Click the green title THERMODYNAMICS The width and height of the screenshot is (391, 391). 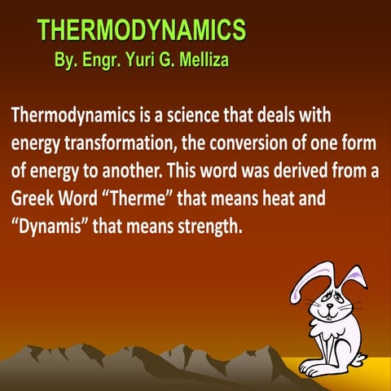point(141,31)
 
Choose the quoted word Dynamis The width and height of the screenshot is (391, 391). point(47,226)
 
